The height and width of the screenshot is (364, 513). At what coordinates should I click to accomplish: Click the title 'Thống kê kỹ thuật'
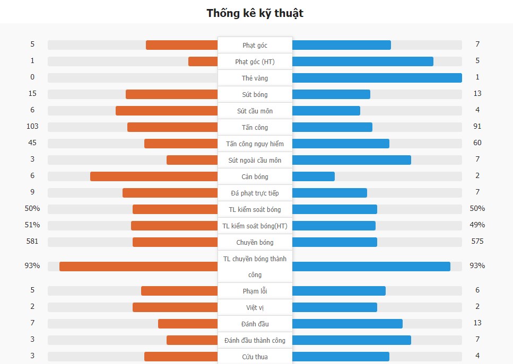click(255, 13)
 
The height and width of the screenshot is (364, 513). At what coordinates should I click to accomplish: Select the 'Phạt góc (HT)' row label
click(255, 62)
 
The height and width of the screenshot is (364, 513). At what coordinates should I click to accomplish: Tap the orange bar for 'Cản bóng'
click(154, 176)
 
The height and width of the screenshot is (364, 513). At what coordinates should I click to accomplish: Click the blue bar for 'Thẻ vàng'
click(377, 78)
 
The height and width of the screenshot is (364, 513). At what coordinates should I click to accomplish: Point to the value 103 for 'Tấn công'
click(32, 127)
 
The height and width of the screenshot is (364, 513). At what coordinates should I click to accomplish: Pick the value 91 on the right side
click(477, 127)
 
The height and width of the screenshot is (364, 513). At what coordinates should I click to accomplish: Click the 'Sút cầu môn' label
click(255, 111)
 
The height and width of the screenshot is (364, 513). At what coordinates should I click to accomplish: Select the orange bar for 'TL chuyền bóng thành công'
click(138, 266)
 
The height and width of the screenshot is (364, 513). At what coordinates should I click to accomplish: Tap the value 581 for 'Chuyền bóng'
click(32, 242)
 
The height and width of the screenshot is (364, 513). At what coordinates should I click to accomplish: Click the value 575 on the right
click(477, 242)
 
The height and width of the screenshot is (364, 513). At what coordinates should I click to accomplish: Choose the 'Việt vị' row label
click(255, 307)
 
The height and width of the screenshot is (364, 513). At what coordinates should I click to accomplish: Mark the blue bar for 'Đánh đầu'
click(347, 324)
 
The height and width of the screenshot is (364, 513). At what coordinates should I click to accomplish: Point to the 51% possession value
click(32, 225)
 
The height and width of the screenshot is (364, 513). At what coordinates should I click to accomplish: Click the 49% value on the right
click(477, 225)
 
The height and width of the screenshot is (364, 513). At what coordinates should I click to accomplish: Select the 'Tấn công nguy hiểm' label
click(255, 144)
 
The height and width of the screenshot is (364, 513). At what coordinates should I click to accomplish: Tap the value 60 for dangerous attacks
click(477, 143)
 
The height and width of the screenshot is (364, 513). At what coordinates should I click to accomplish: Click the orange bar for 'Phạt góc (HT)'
click(203, 61)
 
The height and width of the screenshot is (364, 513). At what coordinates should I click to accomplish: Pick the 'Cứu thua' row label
click(255, 357)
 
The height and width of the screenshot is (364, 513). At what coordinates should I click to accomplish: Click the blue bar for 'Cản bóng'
click(313, 176)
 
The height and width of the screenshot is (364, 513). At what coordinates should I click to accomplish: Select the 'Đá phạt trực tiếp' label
click(255, 193)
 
